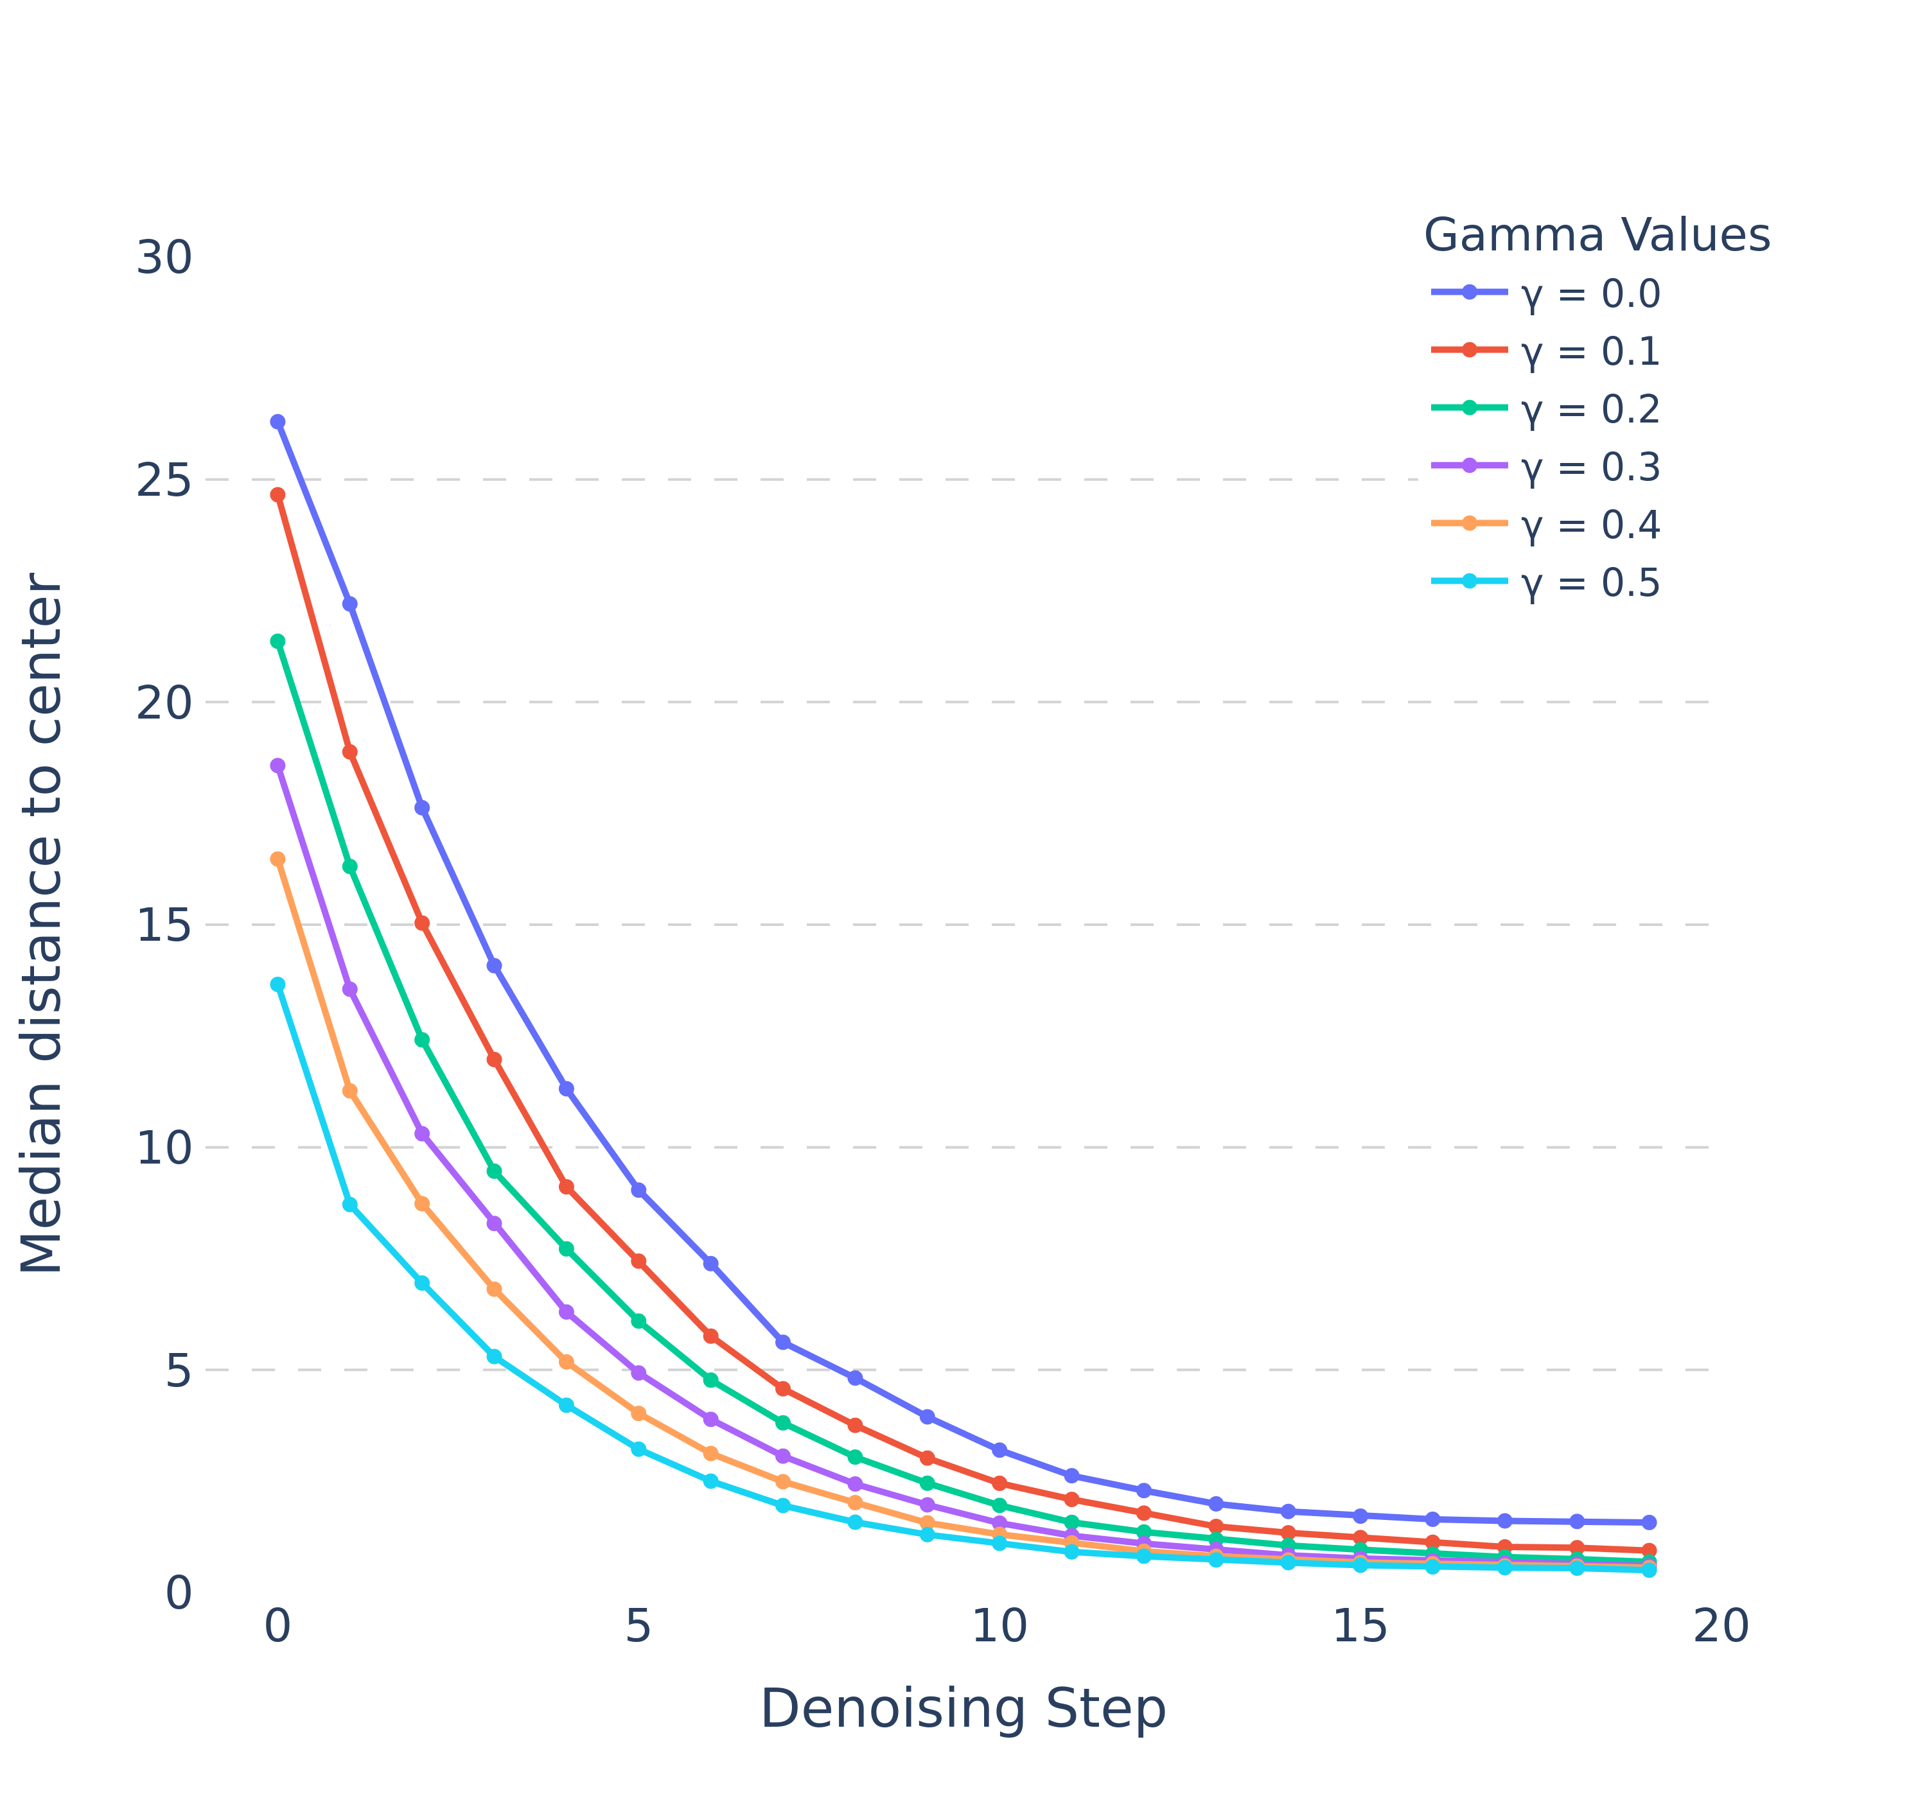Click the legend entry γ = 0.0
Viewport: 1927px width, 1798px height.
point(1590,293)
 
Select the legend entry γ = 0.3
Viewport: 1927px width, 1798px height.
point(1590,467)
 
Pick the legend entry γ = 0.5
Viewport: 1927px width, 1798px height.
point(1590,582)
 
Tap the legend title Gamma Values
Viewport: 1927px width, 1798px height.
point(1596,234)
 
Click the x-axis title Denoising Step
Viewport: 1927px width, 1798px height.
point(962,1708)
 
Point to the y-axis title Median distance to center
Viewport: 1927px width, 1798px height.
point(42,923)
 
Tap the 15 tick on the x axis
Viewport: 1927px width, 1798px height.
point(1360,1627)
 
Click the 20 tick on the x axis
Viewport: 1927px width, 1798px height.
point(1721,1627)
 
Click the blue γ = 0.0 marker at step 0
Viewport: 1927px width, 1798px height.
point(278,422)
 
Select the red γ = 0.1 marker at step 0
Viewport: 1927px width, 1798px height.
point(278,495)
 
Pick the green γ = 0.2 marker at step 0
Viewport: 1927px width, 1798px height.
point(278,642)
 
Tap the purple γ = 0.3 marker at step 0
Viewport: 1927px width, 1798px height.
point(278,765)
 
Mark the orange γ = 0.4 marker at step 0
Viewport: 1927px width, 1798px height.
point(278,859)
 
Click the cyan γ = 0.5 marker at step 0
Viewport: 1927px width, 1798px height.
point(278,985)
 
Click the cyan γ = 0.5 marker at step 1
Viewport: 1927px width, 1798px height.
point(350,1205)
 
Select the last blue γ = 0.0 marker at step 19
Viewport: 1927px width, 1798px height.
point(1649,1523)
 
